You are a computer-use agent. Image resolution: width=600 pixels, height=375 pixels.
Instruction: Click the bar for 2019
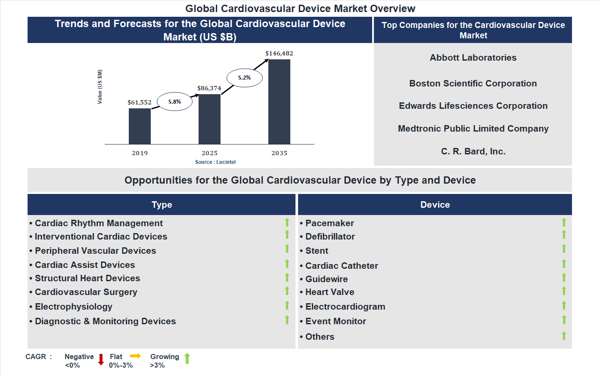point(140,126)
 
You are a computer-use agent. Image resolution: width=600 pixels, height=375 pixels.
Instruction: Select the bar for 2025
point(209,119)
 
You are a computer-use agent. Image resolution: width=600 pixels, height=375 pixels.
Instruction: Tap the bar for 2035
point(279,101)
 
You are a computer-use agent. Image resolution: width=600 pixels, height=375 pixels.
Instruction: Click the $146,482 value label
point(279,53)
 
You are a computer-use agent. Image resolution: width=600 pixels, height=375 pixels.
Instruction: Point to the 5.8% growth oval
point(174,102)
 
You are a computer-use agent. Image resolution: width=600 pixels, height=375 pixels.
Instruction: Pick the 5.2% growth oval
point(244,78)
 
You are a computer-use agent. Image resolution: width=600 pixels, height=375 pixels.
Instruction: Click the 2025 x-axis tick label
point(209,153)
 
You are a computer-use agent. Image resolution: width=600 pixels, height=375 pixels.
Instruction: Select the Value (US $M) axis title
point(100,87)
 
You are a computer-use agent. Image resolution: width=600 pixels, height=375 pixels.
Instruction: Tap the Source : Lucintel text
point(215,162)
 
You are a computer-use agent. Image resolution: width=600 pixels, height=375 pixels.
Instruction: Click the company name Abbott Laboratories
point(473,58)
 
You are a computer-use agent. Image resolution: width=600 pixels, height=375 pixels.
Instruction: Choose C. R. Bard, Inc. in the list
point(473,151)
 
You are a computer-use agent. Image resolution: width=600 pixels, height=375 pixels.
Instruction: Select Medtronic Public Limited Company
point(473,129)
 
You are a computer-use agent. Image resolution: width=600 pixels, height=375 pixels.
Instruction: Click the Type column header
point(162,205)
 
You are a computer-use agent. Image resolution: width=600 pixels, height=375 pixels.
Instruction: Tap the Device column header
point(435,205)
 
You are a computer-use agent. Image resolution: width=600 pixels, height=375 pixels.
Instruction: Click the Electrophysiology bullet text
point(74,307)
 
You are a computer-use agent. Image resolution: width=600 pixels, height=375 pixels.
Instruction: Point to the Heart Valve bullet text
point(330,292)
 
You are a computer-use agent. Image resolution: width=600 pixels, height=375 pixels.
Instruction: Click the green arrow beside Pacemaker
point(564,222)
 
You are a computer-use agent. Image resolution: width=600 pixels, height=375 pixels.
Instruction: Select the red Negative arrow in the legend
point(101,360)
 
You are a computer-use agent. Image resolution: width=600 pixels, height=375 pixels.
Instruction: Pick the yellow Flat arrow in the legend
point(136,356)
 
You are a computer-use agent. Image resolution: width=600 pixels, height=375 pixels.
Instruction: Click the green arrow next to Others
point(564,336)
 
